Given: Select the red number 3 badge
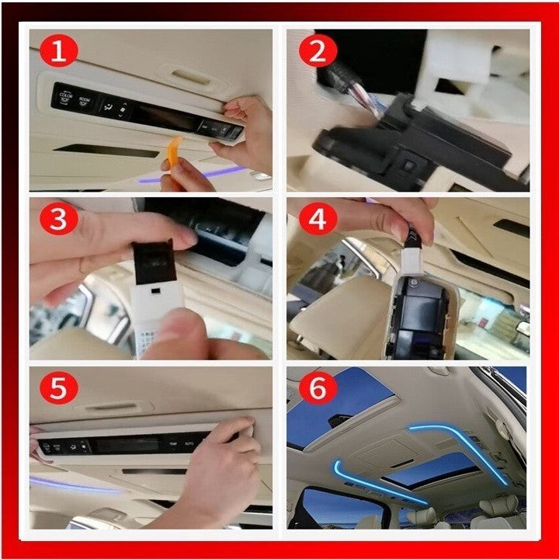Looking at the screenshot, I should coord(59,220).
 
